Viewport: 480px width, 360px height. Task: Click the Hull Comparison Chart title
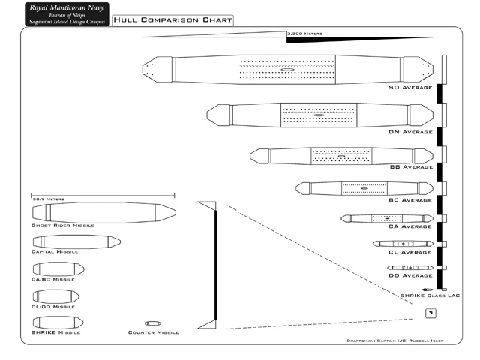pos(172,20)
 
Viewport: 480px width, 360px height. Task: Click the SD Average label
pos(410,88)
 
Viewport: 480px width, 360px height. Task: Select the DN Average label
pos(410,132)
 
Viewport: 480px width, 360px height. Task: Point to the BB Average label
pos(410,167)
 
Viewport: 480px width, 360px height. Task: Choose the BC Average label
pos(410,200)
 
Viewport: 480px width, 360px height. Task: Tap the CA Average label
pos(410,226)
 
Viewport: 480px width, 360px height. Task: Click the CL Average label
pos(410,252)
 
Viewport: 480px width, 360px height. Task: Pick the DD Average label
pos(410,275)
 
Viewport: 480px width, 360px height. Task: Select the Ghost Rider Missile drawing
pos(103,212)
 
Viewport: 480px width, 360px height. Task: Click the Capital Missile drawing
pos(76,241)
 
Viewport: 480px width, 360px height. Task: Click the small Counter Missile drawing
pos(152,323)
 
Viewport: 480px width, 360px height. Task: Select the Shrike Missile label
pos(55,331)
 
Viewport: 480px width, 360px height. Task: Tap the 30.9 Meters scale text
pos(49,199)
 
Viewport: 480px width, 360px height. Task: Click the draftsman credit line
pos(394,340)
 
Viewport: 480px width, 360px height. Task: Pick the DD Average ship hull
pos(409,268)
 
